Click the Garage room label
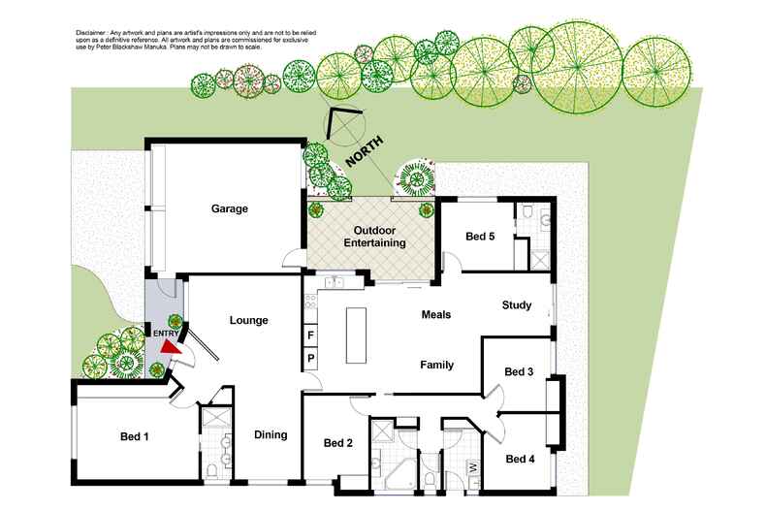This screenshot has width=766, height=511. pos(231,208)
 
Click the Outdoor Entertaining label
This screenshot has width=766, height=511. pos(373,237)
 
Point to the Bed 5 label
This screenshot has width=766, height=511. pos(481,236)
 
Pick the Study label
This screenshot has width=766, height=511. pos(516,306)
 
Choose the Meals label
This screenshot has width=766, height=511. pos(436,314)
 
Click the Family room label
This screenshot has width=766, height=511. pos(436,365)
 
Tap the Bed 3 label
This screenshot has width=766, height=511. pos(519,371)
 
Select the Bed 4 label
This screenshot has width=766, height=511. pos(519,459)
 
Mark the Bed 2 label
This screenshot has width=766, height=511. pos(337,444)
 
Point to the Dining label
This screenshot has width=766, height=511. pos(271,434)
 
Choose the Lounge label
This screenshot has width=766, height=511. pos(248,320)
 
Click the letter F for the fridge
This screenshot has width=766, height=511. pos(310,335)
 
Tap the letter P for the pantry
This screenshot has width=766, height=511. pos(310,359)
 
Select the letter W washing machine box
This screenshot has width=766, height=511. pos(472,467)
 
